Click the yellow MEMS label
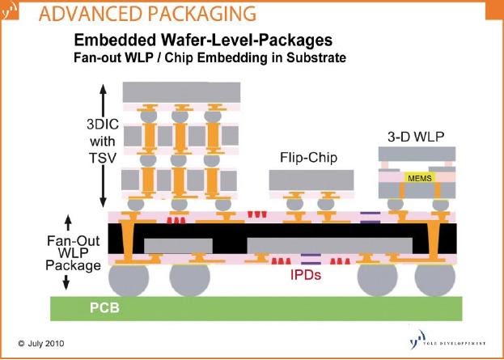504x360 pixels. pyautogui.click(x=420, y=177)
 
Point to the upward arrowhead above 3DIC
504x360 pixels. pyautogui.click(x=103, y=88)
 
